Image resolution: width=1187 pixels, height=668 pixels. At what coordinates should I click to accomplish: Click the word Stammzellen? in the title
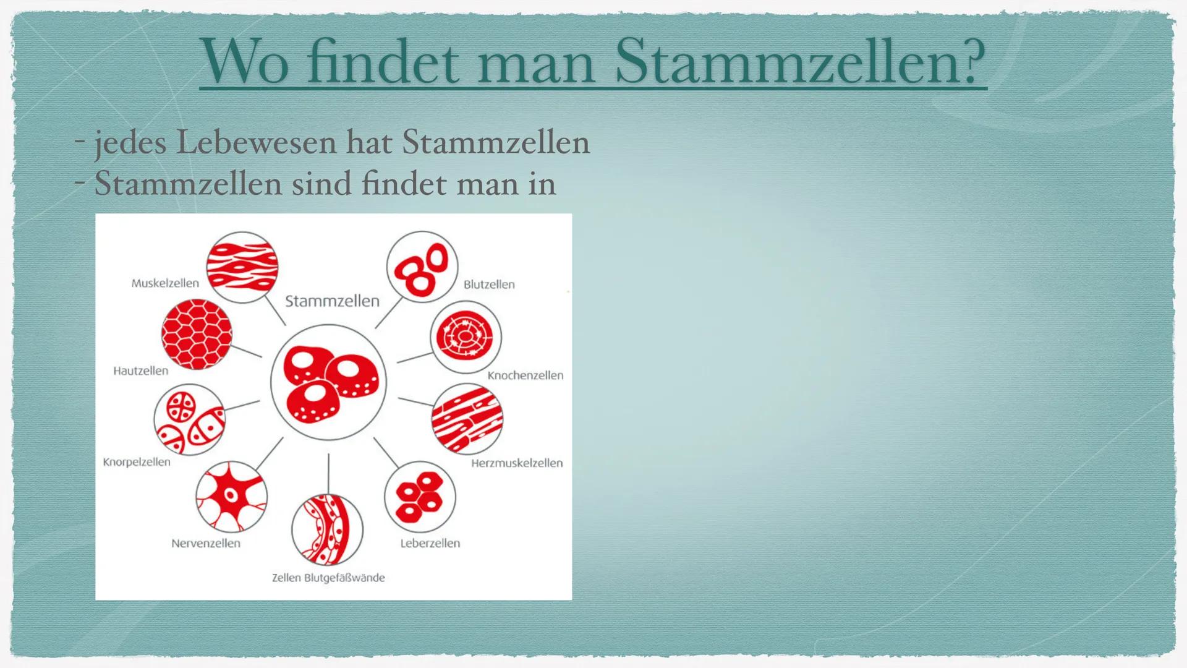[x=800, y=61]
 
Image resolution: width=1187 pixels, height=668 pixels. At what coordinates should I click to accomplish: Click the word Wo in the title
[x=245, y=61]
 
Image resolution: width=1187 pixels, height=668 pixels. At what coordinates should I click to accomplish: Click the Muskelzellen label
[x=165, y=283]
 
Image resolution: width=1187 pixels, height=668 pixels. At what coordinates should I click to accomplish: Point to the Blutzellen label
[x=489, y=285]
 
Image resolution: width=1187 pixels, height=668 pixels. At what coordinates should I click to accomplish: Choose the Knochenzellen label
[x=525, y=375]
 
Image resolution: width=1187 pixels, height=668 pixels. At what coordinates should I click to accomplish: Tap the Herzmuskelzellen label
[x=517, y=463]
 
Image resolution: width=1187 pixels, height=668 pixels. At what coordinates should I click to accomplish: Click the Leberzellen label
[x=430, y=544]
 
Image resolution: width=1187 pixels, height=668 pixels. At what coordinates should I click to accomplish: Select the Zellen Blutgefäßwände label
[x=328, y=578]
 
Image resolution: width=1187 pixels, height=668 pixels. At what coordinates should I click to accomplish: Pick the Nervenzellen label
[x=206, y=544]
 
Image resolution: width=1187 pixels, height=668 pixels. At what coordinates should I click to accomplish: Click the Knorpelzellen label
[x=137, y=462]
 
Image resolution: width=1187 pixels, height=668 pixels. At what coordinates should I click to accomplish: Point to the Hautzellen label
[x=141, y=371]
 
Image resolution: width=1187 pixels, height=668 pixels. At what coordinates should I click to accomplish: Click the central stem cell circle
[x=328, y=382]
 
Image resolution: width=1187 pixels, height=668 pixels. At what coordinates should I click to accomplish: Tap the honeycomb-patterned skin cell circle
[x=197, y=335]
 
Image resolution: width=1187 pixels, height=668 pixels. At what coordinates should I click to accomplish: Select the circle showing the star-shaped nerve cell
[x=232, y=496]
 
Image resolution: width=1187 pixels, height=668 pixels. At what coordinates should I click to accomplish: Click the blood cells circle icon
[x=422, y=267]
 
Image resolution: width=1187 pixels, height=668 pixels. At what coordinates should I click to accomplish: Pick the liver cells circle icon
[x=420, y=497]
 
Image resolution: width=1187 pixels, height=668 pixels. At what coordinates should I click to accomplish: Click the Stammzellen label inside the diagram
[x=332, y=301]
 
